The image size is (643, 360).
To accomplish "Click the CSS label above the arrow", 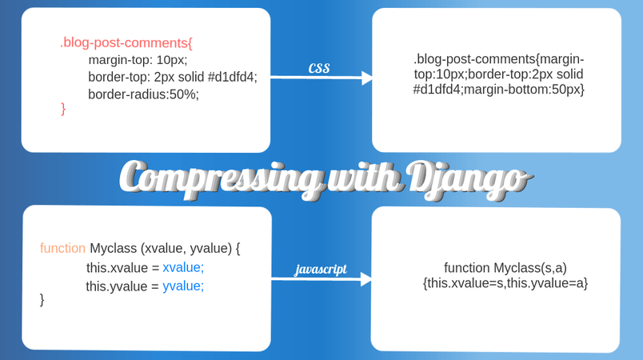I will coord(319,69).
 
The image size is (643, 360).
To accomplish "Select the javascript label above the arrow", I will coord(321,269).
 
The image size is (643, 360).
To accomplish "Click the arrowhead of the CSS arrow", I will coord(368,78).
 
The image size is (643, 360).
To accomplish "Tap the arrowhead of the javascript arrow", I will coord(366,279).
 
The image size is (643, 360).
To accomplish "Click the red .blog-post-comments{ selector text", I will coord(126,42).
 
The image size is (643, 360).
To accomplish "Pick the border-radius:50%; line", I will coord(143,94).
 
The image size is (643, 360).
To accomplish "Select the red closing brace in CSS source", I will coord(63,108).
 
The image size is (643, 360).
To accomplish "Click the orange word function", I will coord(62,248).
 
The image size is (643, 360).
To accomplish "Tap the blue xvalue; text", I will coord(183,267).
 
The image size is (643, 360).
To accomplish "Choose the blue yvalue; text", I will coord(183,286).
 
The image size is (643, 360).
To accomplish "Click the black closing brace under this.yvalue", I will coord(42,299).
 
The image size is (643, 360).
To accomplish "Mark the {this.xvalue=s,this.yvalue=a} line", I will coord(505,282).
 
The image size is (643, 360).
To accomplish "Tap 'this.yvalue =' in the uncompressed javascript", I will coord(122,286).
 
